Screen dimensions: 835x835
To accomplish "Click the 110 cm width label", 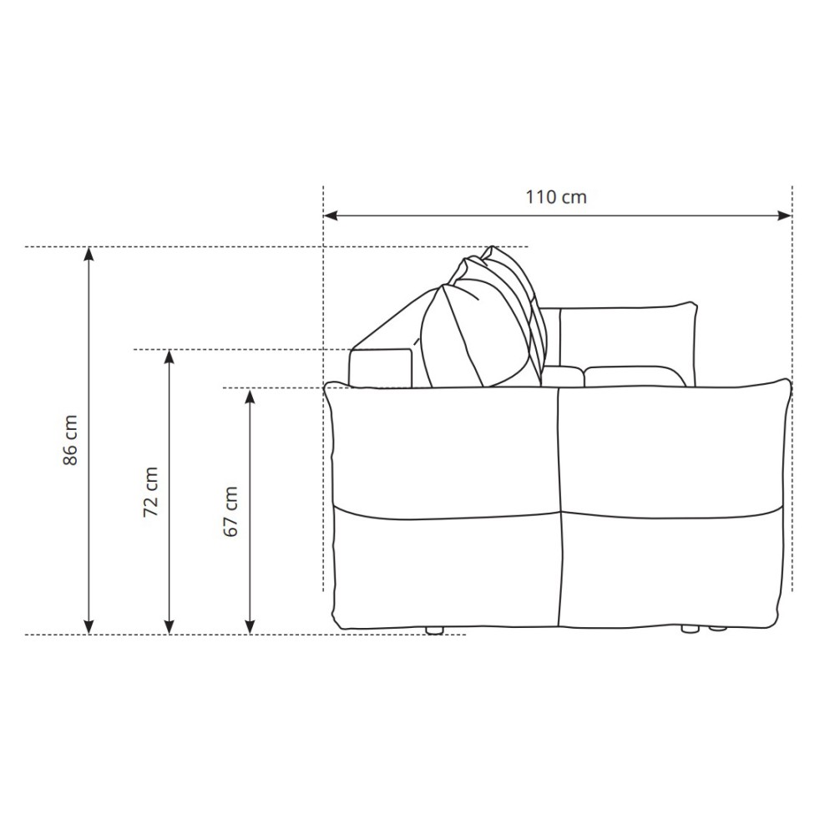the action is tap(556, 197).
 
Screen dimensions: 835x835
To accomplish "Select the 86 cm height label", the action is tap(70, 440).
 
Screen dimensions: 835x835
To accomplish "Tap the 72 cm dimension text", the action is tap(150, 492).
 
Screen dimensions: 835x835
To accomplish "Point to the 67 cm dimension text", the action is tap(230, 511).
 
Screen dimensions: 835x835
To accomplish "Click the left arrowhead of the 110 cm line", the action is tap(330, 215).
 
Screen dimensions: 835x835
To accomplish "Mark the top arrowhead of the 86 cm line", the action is tap(89, 254).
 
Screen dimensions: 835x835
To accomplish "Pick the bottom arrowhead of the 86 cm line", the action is tap(89, 627).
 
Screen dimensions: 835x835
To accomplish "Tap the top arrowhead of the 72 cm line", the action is tap(170, 357).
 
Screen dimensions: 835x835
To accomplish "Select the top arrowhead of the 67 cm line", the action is tap(250, 396).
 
